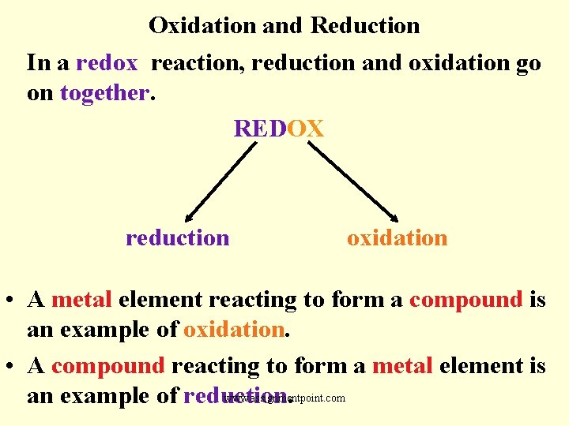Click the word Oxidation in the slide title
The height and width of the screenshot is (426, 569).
point(202,26)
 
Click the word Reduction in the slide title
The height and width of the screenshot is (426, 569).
point(365,26)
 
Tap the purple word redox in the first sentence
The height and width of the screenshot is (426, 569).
point(107,62)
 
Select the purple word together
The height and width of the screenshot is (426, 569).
point(104,92)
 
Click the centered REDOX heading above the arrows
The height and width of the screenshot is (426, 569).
point(279,129)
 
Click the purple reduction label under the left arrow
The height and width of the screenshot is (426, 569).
point(177,237)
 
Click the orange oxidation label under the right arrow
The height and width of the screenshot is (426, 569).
point(397,237)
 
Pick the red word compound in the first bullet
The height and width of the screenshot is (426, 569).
point(466,301)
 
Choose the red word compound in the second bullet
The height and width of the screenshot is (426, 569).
point(107,366)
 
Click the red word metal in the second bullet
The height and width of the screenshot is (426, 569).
point(401,366)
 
